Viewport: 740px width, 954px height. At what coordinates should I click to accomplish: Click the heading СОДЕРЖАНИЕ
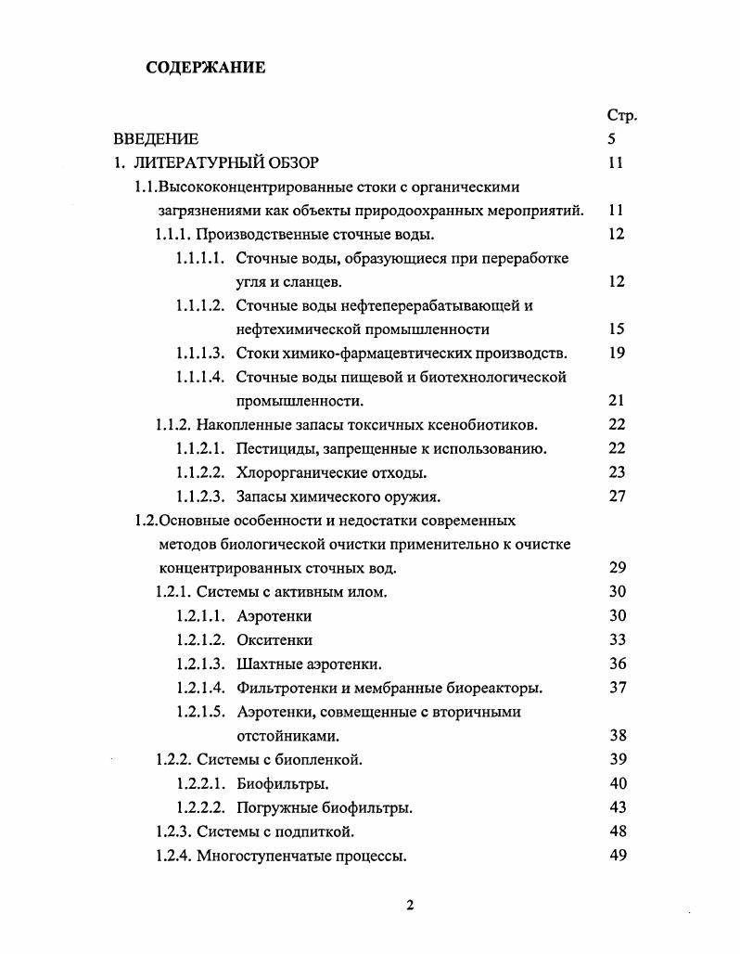pos(205,67)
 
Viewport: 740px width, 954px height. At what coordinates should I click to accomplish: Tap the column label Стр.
pos(621,115)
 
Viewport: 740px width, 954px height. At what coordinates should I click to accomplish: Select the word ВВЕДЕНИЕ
pos(156,139)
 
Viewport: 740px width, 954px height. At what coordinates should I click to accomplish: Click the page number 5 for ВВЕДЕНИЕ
pos(611,139)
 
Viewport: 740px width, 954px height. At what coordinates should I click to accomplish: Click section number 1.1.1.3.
pos(199,353)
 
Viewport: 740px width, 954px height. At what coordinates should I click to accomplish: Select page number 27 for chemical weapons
pos(617,496)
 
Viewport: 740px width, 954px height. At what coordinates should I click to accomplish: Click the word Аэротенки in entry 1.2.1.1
pos(274,616)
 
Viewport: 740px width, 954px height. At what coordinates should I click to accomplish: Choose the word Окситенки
pos(274,640)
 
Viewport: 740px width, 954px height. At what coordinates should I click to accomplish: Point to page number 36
pos(618,664)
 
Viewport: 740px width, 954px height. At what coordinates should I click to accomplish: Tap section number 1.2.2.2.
pos(199,807)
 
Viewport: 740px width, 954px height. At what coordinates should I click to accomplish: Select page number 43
pos(618,807)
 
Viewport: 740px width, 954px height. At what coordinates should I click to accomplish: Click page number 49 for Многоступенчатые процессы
pos(618,856)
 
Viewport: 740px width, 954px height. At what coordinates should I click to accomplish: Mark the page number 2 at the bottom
pos(409,907)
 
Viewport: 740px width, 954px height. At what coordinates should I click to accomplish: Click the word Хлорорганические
pos(296,472)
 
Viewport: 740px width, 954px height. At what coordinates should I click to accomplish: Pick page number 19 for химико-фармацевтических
pos(617,353)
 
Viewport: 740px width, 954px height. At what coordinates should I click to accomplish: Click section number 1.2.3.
pos(173,832)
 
